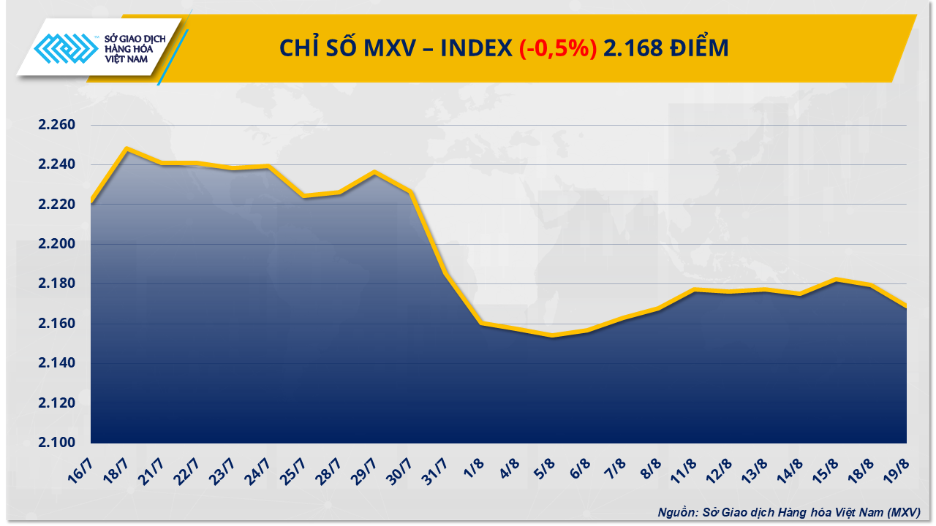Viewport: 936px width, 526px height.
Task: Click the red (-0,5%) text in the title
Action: tap(557, 48)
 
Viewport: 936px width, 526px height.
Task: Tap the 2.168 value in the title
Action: tap(627, 48)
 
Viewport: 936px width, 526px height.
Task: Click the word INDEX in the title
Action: tap(476, 48)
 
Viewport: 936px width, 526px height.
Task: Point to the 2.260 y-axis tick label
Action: tap(57, 125)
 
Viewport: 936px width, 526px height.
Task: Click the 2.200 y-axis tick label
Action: tap(57, 244)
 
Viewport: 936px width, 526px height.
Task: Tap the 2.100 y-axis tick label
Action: tap(57, 443)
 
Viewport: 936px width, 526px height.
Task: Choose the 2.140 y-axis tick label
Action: tap(57, 363)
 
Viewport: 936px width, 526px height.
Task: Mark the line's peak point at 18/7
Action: tap(127, 148)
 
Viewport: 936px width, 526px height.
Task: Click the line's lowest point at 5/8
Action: tap(552, 335)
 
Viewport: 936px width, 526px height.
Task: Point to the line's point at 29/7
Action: tap(374, 172)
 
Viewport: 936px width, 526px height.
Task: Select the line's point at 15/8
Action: tap(836, 279)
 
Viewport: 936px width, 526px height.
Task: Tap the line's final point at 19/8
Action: tap(906, 307)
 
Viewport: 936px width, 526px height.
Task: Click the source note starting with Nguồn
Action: tap(788, 512)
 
